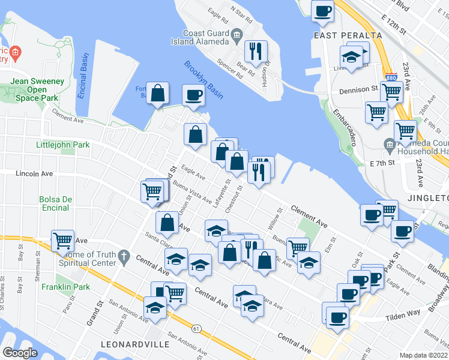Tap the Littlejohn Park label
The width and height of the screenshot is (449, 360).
[x=62, y=145]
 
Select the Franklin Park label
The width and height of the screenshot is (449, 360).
[x=65, y=271]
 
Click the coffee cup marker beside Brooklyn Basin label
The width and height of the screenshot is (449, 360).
[x=193, y=95]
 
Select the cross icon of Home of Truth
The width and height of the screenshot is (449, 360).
[x=124, y=257]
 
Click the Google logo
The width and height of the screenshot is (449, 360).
[x=20, y=353]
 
